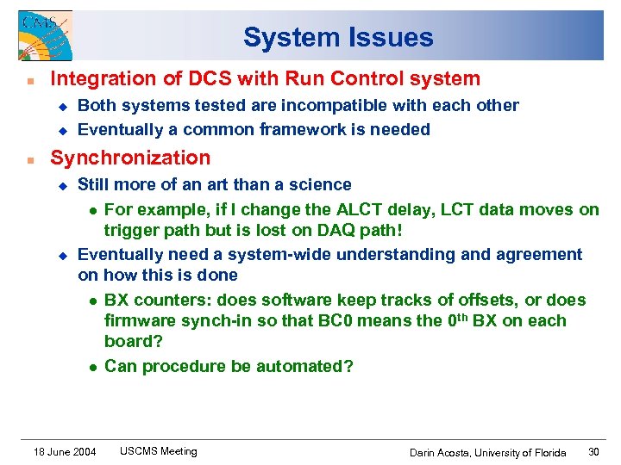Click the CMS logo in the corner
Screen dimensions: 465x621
[45, 35]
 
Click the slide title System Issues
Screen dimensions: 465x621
[337, 38]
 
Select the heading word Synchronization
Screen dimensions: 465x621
[130, 158]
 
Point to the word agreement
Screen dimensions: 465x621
[533, 254]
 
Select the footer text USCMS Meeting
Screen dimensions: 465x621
[158, 451]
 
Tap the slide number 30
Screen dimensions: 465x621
[593, 452]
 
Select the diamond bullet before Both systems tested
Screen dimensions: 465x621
[62, 106]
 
